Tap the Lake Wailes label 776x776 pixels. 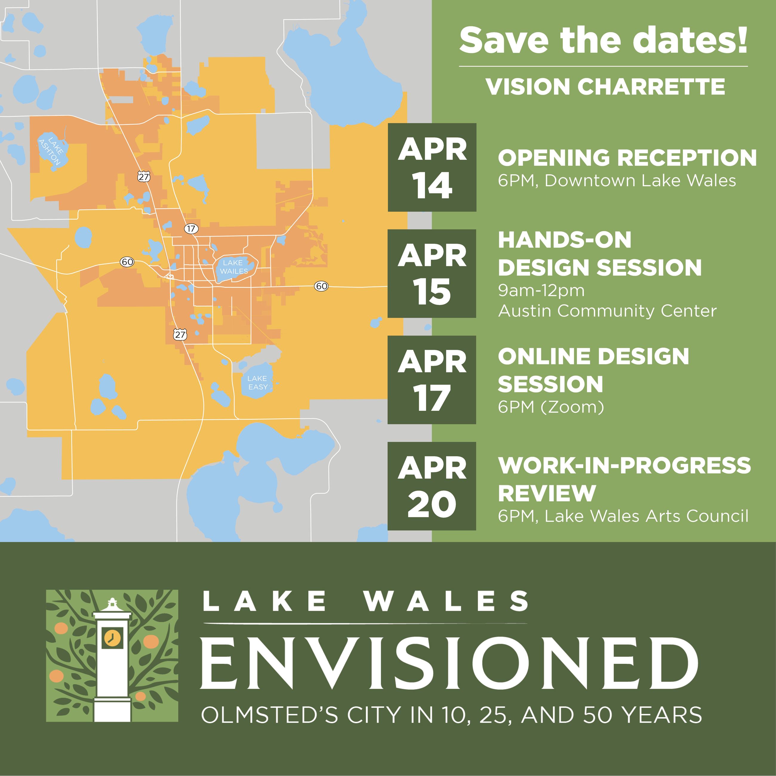[234, 267]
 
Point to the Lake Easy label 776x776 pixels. [258, 382]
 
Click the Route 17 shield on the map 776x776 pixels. [191, 229]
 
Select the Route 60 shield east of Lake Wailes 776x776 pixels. [321, 286]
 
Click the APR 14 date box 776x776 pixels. [432, 167]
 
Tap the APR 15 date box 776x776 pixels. [432, 273]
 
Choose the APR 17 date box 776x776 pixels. [432, 380]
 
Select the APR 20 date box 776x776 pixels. [432, 486]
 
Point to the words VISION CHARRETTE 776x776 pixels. [605, 86]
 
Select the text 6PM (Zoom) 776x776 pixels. [551, 407]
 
